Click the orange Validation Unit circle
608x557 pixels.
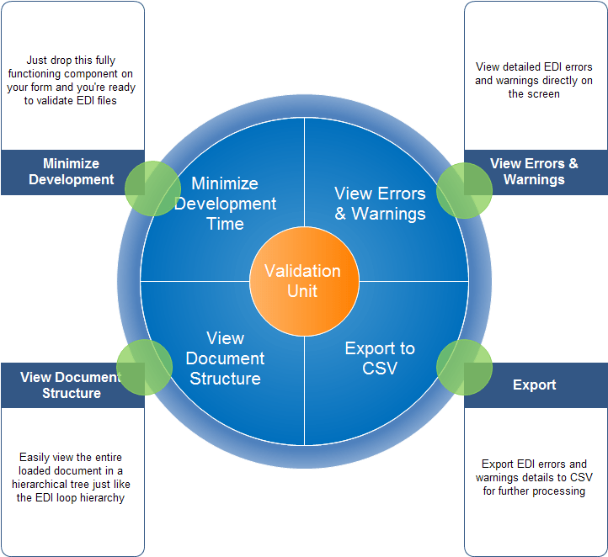(x=302, y=281)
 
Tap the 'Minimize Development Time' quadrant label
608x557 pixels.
(x=225, y=204)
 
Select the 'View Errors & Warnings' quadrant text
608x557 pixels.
(x=380, y=204)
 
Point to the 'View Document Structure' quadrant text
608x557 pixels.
(x=225, y=358)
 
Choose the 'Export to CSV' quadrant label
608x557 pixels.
(x=380, y=358)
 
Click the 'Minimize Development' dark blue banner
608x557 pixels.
(x=72, y=172)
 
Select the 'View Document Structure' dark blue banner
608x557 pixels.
(x=72, y=385)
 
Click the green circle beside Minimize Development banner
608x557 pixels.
(x=154, y=187)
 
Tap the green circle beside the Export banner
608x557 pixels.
(x=464, y=368)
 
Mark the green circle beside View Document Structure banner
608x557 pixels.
(x=144, y=368)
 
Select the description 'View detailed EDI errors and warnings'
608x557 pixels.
(x=534, y=81)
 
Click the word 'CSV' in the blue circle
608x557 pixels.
(x=380, y=369)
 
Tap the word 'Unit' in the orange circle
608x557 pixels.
(x=302, y=291)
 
